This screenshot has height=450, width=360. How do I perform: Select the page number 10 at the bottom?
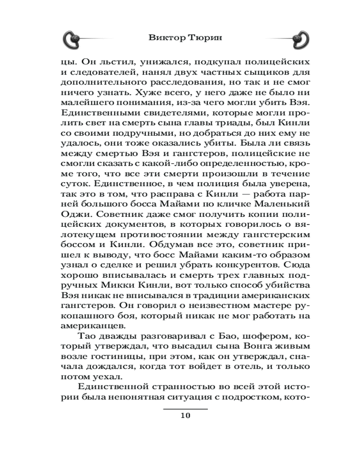[x=185, y=415]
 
